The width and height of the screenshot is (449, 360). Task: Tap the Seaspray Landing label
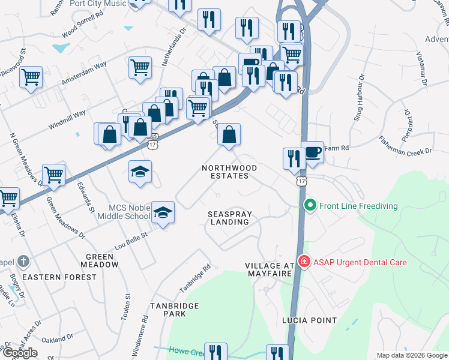coord(229,218)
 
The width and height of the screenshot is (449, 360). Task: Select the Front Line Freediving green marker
coord(310,205)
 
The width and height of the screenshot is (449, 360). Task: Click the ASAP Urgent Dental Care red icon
coord(304,262)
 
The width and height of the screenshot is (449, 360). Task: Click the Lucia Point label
coord(309,320)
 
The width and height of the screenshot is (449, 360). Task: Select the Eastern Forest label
coord(59,277)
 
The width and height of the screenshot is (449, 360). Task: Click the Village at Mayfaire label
coord(270,269)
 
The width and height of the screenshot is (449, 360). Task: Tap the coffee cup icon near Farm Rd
coord(312,152)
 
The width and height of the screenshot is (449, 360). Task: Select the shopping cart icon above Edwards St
coord(53,175)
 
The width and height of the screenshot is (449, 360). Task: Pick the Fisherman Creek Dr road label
coord(405,144)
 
